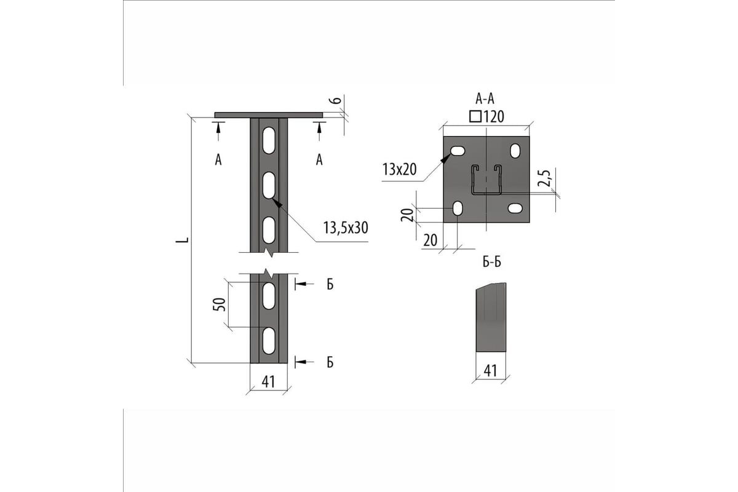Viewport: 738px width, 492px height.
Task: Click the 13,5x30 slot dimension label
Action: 345,228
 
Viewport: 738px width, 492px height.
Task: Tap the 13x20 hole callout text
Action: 399,169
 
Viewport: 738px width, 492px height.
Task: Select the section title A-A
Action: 485,98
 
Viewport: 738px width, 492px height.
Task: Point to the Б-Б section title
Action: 492,262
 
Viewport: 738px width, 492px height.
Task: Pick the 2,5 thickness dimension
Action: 544,178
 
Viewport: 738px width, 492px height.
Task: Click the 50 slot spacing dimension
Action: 220,304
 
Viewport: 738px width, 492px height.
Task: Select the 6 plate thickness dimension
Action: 336,100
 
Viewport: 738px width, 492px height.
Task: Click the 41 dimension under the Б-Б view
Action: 490,371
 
